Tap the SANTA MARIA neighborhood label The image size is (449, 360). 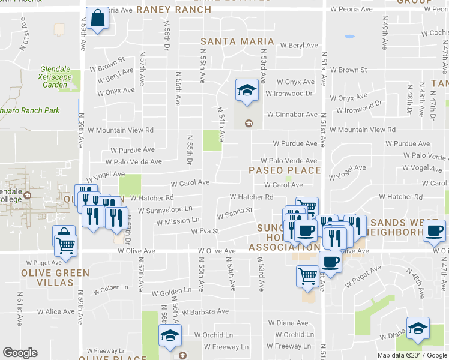coord(237,42)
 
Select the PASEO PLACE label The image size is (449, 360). coord(285,170)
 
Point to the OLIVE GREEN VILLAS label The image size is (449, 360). coord(56,278)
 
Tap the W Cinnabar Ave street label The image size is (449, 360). coord(292,114)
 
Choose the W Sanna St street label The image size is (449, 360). coord(234,214)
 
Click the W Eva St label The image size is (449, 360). coord(205,231)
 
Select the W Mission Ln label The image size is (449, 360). coord(173,221)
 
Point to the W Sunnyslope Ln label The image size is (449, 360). coord(165,210)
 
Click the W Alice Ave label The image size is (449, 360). coord(56,312)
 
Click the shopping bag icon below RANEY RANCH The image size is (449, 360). coord(97,19)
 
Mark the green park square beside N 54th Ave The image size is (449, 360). coord(211,140)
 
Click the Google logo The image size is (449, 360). coord(20,353)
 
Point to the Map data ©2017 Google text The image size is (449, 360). coord(412,355)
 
